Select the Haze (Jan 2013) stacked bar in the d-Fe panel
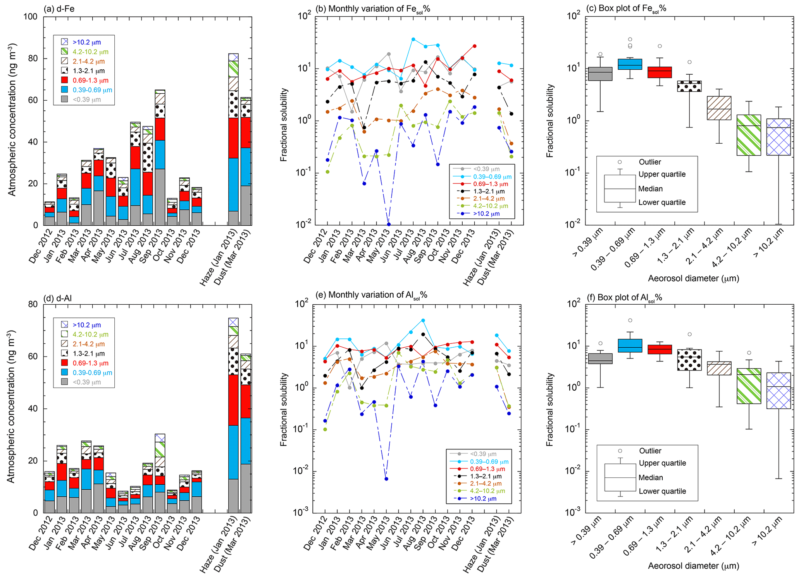pyautogui.click(x=233, y=139)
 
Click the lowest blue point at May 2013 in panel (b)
pyautogui.click(x=389, y=225)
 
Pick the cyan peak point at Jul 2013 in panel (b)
pyautogui.click(x=413, y=39)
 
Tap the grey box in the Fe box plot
pyautogui.click(x=600, y=74)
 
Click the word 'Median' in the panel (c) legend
pyautogui.click(x=651, y=189)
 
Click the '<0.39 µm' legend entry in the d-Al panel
pyautogui.click(x=87, y=382)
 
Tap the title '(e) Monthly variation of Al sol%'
pyautogui.click(x=371, y=295)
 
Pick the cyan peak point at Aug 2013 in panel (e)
pyautogui.click(x=423, y=321)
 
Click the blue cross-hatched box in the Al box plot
pyautogui.click(x=779, y=391)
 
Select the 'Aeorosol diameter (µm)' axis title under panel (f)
pyautogui.click(x=693, y=566)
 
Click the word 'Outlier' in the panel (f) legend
pyautogui.click(x=650, y=451)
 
